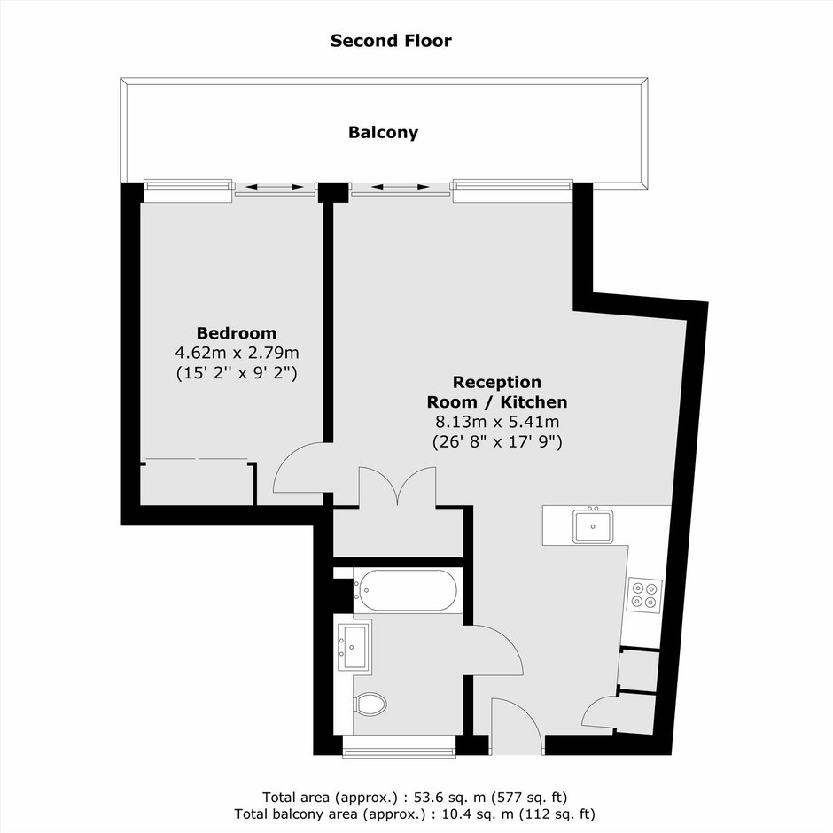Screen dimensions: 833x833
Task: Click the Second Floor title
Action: pos(391,41)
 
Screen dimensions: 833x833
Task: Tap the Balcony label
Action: pos(383,132)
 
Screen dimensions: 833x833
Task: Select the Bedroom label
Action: pos(237,333)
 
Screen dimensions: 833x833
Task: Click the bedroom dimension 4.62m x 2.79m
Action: pos(237,353)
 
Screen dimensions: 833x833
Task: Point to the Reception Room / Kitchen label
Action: pos(497,392)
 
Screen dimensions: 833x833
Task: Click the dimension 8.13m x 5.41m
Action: pos(497,423)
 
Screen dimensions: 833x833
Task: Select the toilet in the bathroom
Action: pos(370,705)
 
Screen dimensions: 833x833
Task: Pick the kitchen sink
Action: pos(593,526)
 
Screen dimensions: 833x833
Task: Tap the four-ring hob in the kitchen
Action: pos(644,595)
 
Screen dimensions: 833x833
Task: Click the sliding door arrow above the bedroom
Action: pos(275,187)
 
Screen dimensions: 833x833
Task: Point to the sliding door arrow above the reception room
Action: pos(401,187)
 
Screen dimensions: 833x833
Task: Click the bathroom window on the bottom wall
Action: pos(399,746)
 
